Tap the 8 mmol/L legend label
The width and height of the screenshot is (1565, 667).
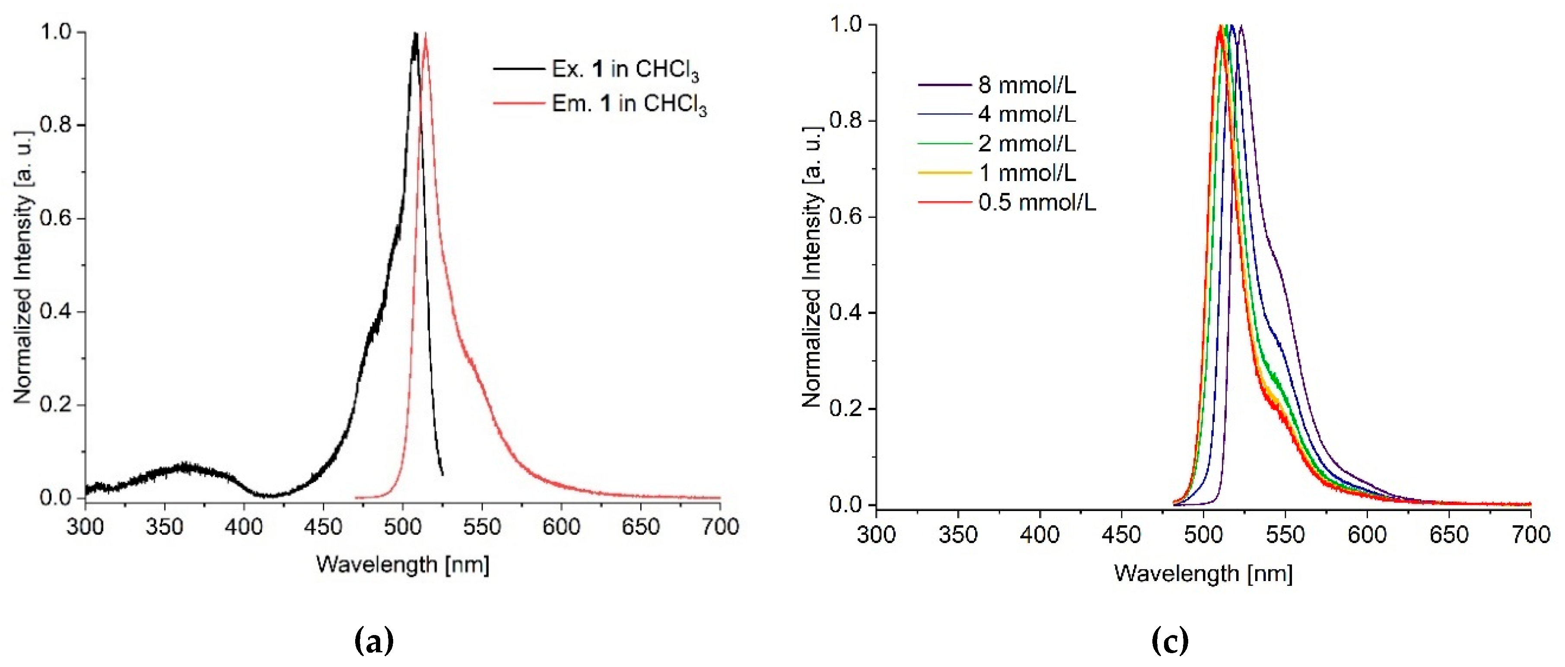(1027, 85)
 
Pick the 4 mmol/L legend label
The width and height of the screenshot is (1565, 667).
(1027, 114)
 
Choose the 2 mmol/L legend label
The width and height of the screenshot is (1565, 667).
(1027, 143)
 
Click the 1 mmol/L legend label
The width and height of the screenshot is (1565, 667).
(1027, 173)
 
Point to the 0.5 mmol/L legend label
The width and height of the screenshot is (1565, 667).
(1037, 202)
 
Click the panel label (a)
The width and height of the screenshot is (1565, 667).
(374, 641)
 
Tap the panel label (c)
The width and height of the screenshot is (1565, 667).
(1170, 641)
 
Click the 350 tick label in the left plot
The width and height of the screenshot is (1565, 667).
(165, 527)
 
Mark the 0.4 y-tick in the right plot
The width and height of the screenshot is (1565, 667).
(846, 312)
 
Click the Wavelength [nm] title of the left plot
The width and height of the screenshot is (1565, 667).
(402, 564)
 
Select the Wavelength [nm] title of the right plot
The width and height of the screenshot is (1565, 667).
(1203, 573)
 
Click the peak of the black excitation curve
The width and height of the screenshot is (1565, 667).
(416, 35)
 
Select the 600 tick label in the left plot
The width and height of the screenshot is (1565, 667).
(561, 527)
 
